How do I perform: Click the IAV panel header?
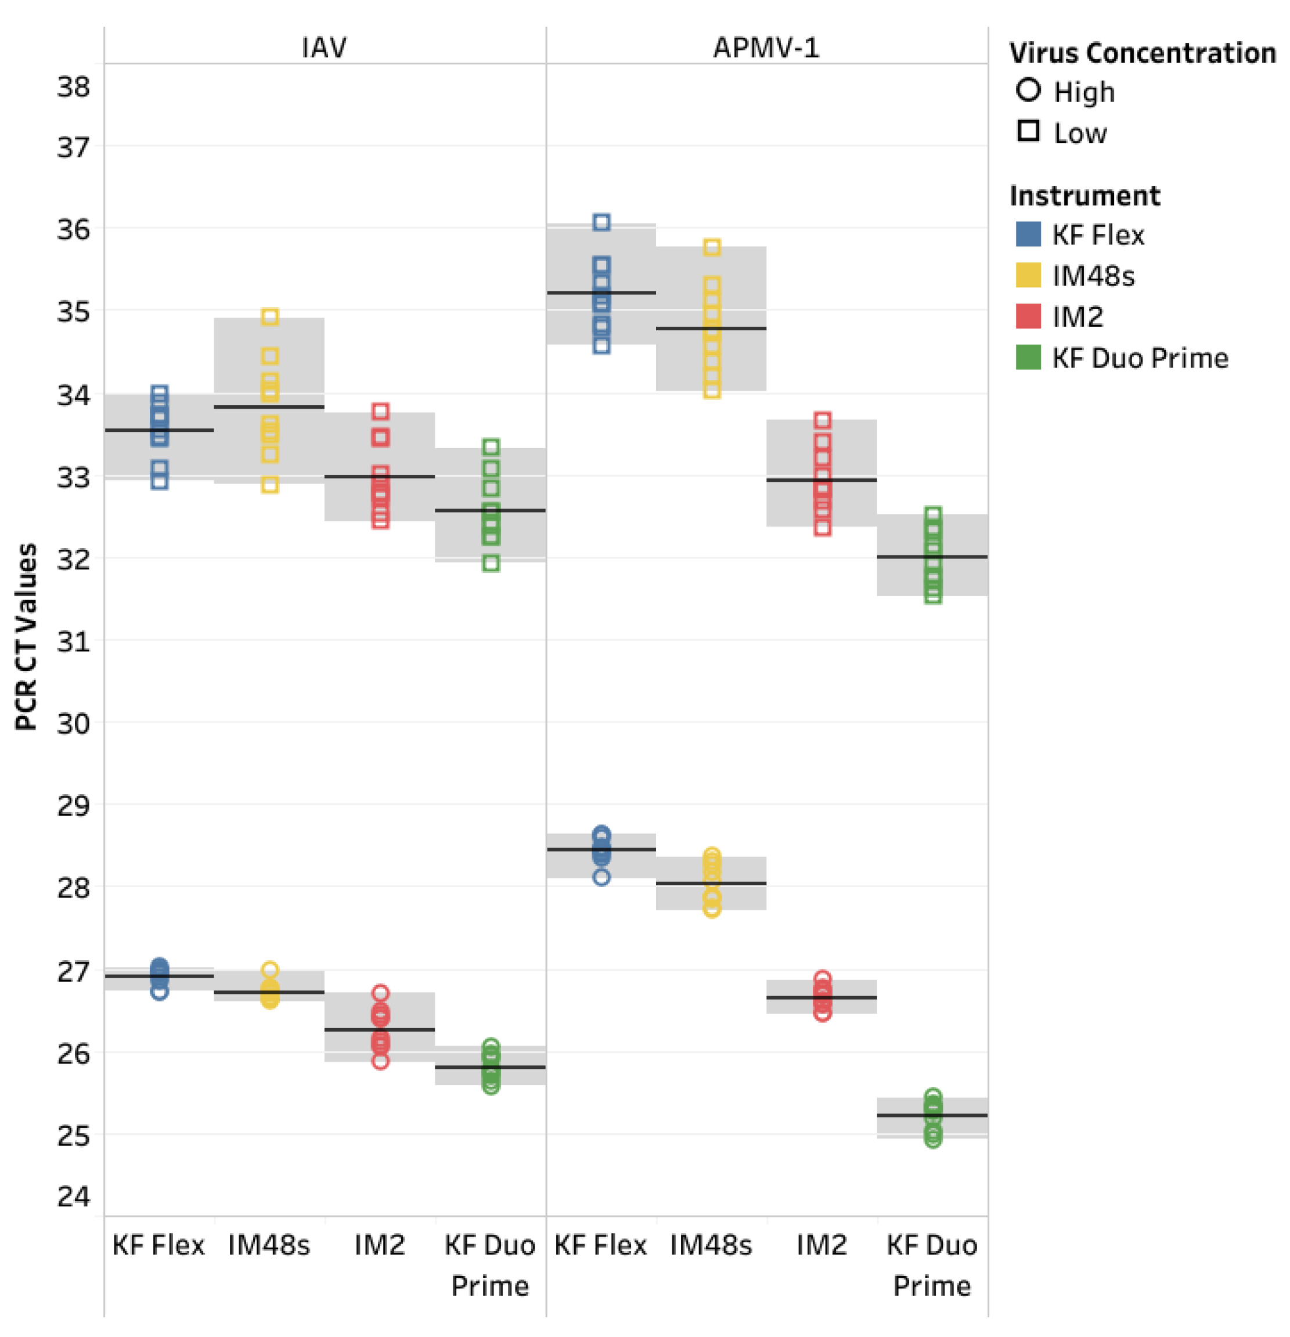pyautogui.click(x=324, y=47)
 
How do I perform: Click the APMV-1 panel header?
pyautogui.click(x=766, y=47)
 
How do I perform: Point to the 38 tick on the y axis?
pyautogui.click(x=73, y=87)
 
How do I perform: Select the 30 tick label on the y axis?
pyautogui.click(x=73, y=723)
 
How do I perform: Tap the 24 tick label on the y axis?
pyautogui.click(x=73, y=1196)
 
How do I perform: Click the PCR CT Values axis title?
pyautogui.click(x=26, y=636)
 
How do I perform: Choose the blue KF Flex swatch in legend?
pyautogui.click(x=1028, y=234)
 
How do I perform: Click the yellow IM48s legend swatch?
pyautogui.click(x=1028, y=276)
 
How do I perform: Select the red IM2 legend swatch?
pyautogui.click(x=1028, y=316)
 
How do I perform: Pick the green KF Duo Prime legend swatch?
pyautogui.click(x=1028, y=358)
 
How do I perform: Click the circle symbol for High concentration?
pyautogui.click(x=1028, y=90)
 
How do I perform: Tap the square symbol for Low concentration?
pyautogui.click(x=1028, y=131)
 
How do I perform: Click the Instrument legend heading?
pyautogui.click(x=1084, y=196)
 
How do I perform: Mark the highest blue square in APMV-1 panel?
pyautogui.click(x=601, y=222)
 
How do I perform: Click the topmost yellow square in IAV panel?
pyautogui.click(x=270, y=316)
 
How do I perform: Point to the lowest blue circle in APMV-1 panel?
pyautogui.click(x=601, y=877)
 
